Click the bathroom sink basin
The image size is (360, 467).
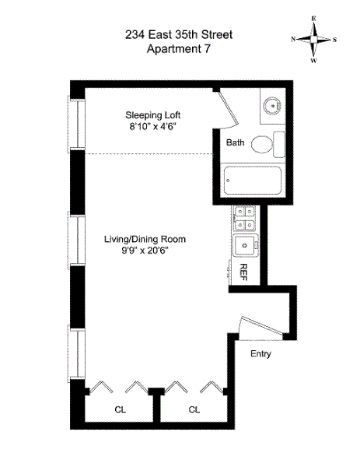(272, 105)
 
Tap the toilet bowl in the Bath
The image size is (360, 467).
(262, 145)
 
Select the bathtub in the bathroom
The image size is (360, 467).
(252, 181)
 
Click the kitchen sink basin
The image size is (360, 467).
(245, 245)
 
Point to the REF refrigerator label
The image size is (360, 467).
(243, 272)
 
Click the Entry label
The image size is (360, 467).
(260, 354)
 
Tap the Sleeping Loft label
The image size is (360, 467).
(153, 115)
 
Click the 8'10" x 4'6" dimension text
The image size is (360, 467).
(153, 127)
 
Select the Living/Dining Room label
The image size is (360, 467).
(145, 239)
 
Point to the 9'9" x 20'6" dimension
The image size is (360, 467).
(145, 251)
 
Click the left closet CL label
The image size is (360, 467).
(121, 410)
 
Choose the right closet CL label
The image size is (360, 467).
(194, 410)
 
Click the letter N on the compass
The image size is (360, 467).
(293, 39)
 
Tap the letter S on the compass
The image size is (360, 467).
(334, 40)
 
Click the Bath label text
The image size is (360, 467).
(235, 142)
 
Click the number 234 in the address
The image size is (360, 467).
(135, 35)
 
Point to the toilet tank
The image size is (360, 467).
(279, 145)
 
